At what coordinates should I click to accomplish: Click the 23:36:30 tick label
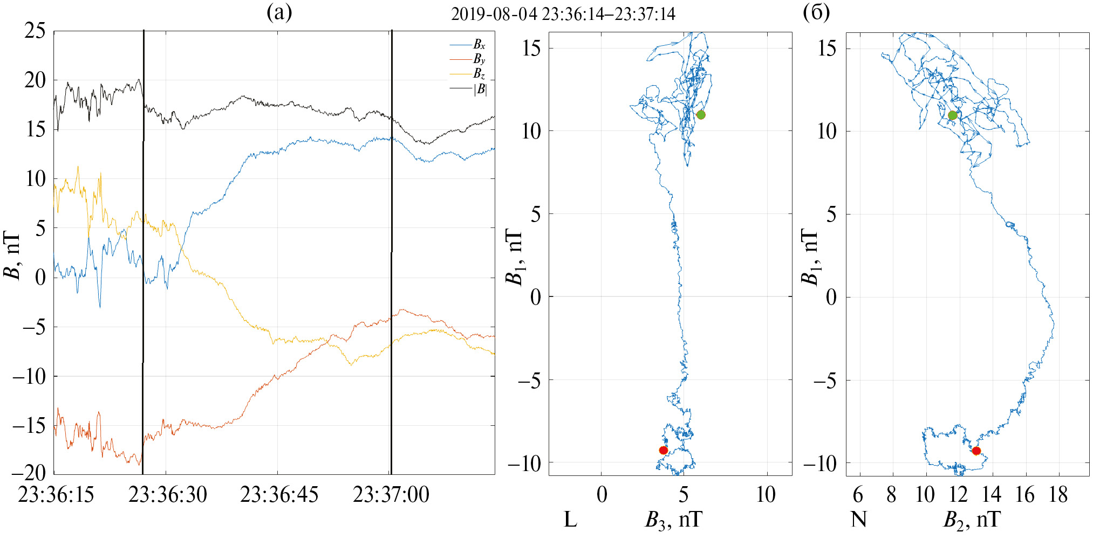coord(167,495)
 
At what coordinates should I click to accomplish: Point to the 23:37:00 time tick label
coord(391,495)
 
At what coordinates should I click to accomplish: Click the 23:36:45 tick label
coord(279,495)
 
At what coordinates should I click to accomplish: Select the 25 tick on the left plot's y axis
coord(35,31)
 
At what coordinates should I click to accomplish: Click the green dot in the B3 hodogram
coord(701,115)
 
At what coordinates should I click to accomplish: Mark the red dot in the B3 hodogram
coord(664,450)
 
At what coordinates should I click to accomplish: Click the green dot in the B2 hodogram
coord(953,115)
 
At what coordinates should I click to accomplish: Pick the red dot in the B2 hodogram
coord(976,451)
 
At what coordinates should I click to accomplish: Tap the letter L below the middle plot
coord(570,520)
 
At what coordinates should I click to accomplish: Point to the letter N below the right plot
coord(859,520)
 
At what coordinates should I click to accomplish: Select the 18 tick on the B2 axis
coord(1058,495)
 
